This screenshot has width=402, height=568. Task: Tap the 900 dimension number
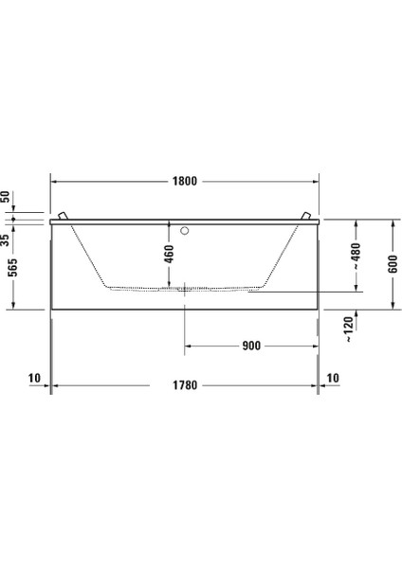(x=250, y=346)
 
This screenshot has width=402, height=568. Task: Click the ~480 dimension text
(x=355, y=253)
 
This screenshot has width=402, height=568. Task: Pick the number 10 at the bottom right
(x=331, y=378)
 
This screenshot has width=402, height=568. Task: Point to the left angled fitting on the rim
(x=63, y=217)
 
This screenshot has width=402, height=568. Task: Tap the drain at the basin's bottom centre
(x=184, y=288)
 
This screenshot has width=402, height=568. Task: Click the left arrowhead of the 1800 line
(x=53, y=179)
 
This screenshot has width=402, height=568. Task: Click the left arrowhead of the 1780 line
(x=53, y=385)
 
